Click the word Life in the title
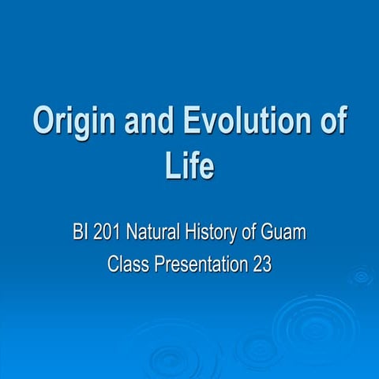click(x=189, y=167)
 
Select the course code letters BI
click(x=79, y=235)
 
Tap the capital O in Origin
click(x=44, y=123)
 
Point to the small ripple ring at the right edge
click(x=362, y=276)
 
